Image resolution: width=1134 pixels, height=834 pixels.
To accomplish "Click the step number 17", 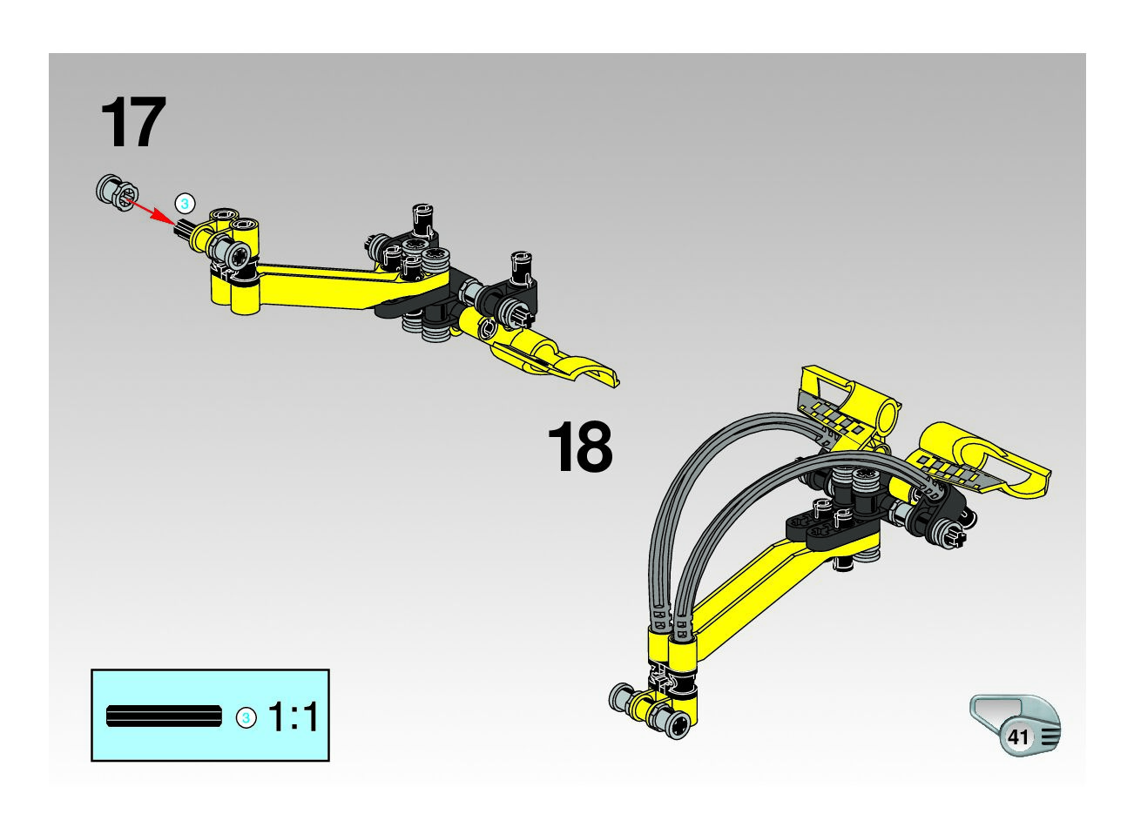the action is point(133,122).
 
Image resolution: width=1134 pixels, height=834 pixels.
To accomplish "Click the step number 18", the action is point(580,446).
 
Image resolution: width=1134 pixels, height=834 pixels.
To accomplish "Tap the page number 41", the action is point(1017,736).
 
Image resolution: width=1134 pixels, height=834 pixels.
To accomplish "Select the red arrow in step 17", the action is point(151,211).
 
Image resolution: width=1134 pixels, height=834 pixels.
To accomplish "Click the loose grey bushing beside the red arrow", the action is point(117,192).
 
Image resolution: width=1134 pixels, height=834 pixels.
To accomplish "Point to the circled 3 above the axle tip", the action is point(185,204).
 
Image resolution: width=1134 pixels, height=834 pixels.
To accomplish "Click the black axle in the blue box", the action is point(164,716).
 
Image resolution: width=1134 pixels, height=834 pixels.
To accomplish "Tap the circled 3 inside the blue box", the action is point(246,717).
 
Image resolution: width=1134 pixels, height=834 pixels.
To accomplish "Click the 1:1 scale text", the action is point(294,716).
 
